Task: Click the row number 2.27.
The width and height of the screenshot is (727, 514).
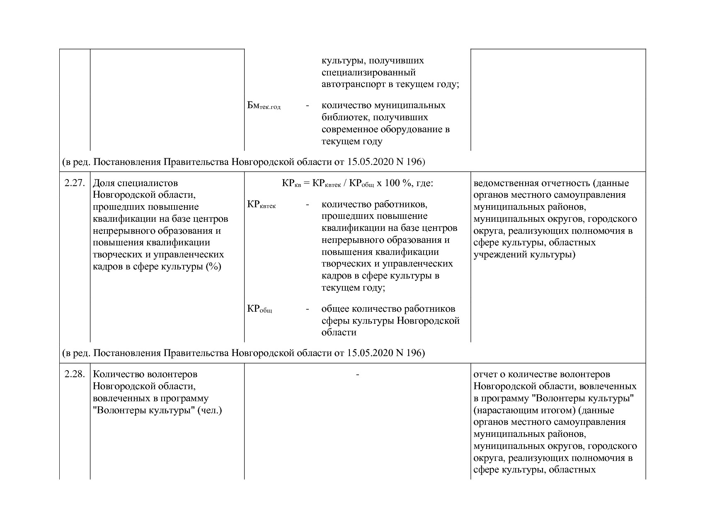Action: point(75,183)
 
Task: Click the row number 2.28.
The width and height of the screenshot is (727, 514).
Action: point(75,374)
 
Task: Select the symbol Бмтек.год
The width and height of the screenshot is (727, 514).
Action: point(264,106)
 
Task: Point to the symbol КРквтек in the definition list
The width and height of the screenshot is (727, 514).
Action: point(261,205)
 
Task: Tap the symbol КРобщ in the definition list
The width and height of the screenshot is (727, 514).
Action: point(259,309)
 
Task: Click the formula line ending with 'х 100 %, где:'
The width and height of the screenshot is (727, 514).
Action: point(357,183)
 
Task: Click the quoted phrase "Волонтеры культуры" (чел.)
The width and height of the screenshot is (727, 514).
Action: point(158,411)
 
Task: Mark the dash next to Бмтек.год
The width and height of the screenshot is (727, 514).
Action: point(307,106)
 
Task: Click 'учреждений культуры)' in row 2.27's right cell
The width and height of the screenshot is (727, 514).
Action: point(524,255)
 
